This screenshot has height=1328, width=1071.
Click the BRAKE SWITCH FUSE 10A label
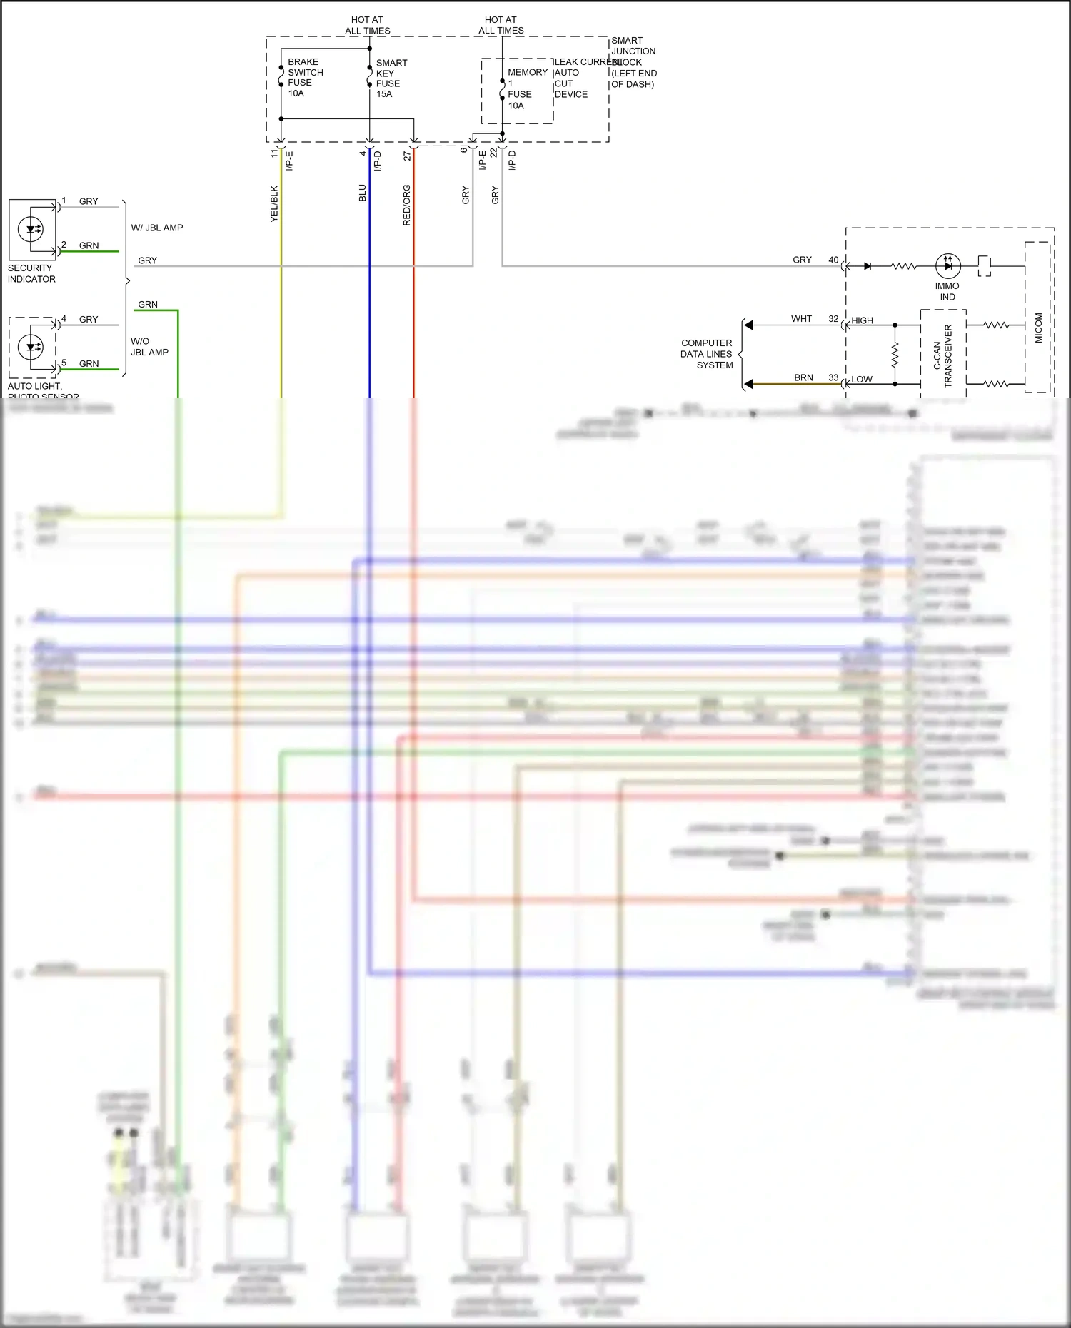(305, 78)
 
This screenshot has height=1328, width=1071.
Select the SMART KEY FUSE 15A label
(391, 78)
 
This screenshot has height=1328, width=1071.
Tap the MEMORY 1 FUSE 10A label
(526, 88)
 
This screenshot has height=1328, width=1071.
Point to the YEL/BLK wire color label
(274, 204)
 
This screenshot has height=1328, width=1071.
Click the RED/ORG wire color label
(407, 206)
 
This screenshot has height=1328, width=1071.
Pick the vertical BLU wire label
(363, 193)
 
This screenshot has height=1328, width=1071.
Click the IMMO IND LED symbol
(947, 265)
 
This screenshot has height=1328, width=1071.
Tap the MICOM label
(1038, 328)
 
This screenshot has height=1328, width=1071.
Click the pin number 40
(833, 260)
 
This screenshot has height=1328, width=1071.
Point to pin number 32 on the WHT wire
(833, 319)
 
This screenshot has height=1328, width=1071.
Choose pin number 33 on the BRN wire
(833, 377)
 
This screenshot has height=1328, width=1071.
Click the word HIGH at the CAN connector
(862, 320)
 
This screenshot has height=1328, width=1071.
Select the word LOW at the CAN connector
(861, 379)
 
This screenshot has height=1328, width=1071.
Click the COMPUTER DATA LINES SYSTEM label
(706, 354)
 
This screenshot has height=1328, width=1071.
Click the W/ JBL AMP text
(157, 228)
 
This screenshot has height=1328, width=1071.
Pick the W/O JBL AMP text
(149, 347)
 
